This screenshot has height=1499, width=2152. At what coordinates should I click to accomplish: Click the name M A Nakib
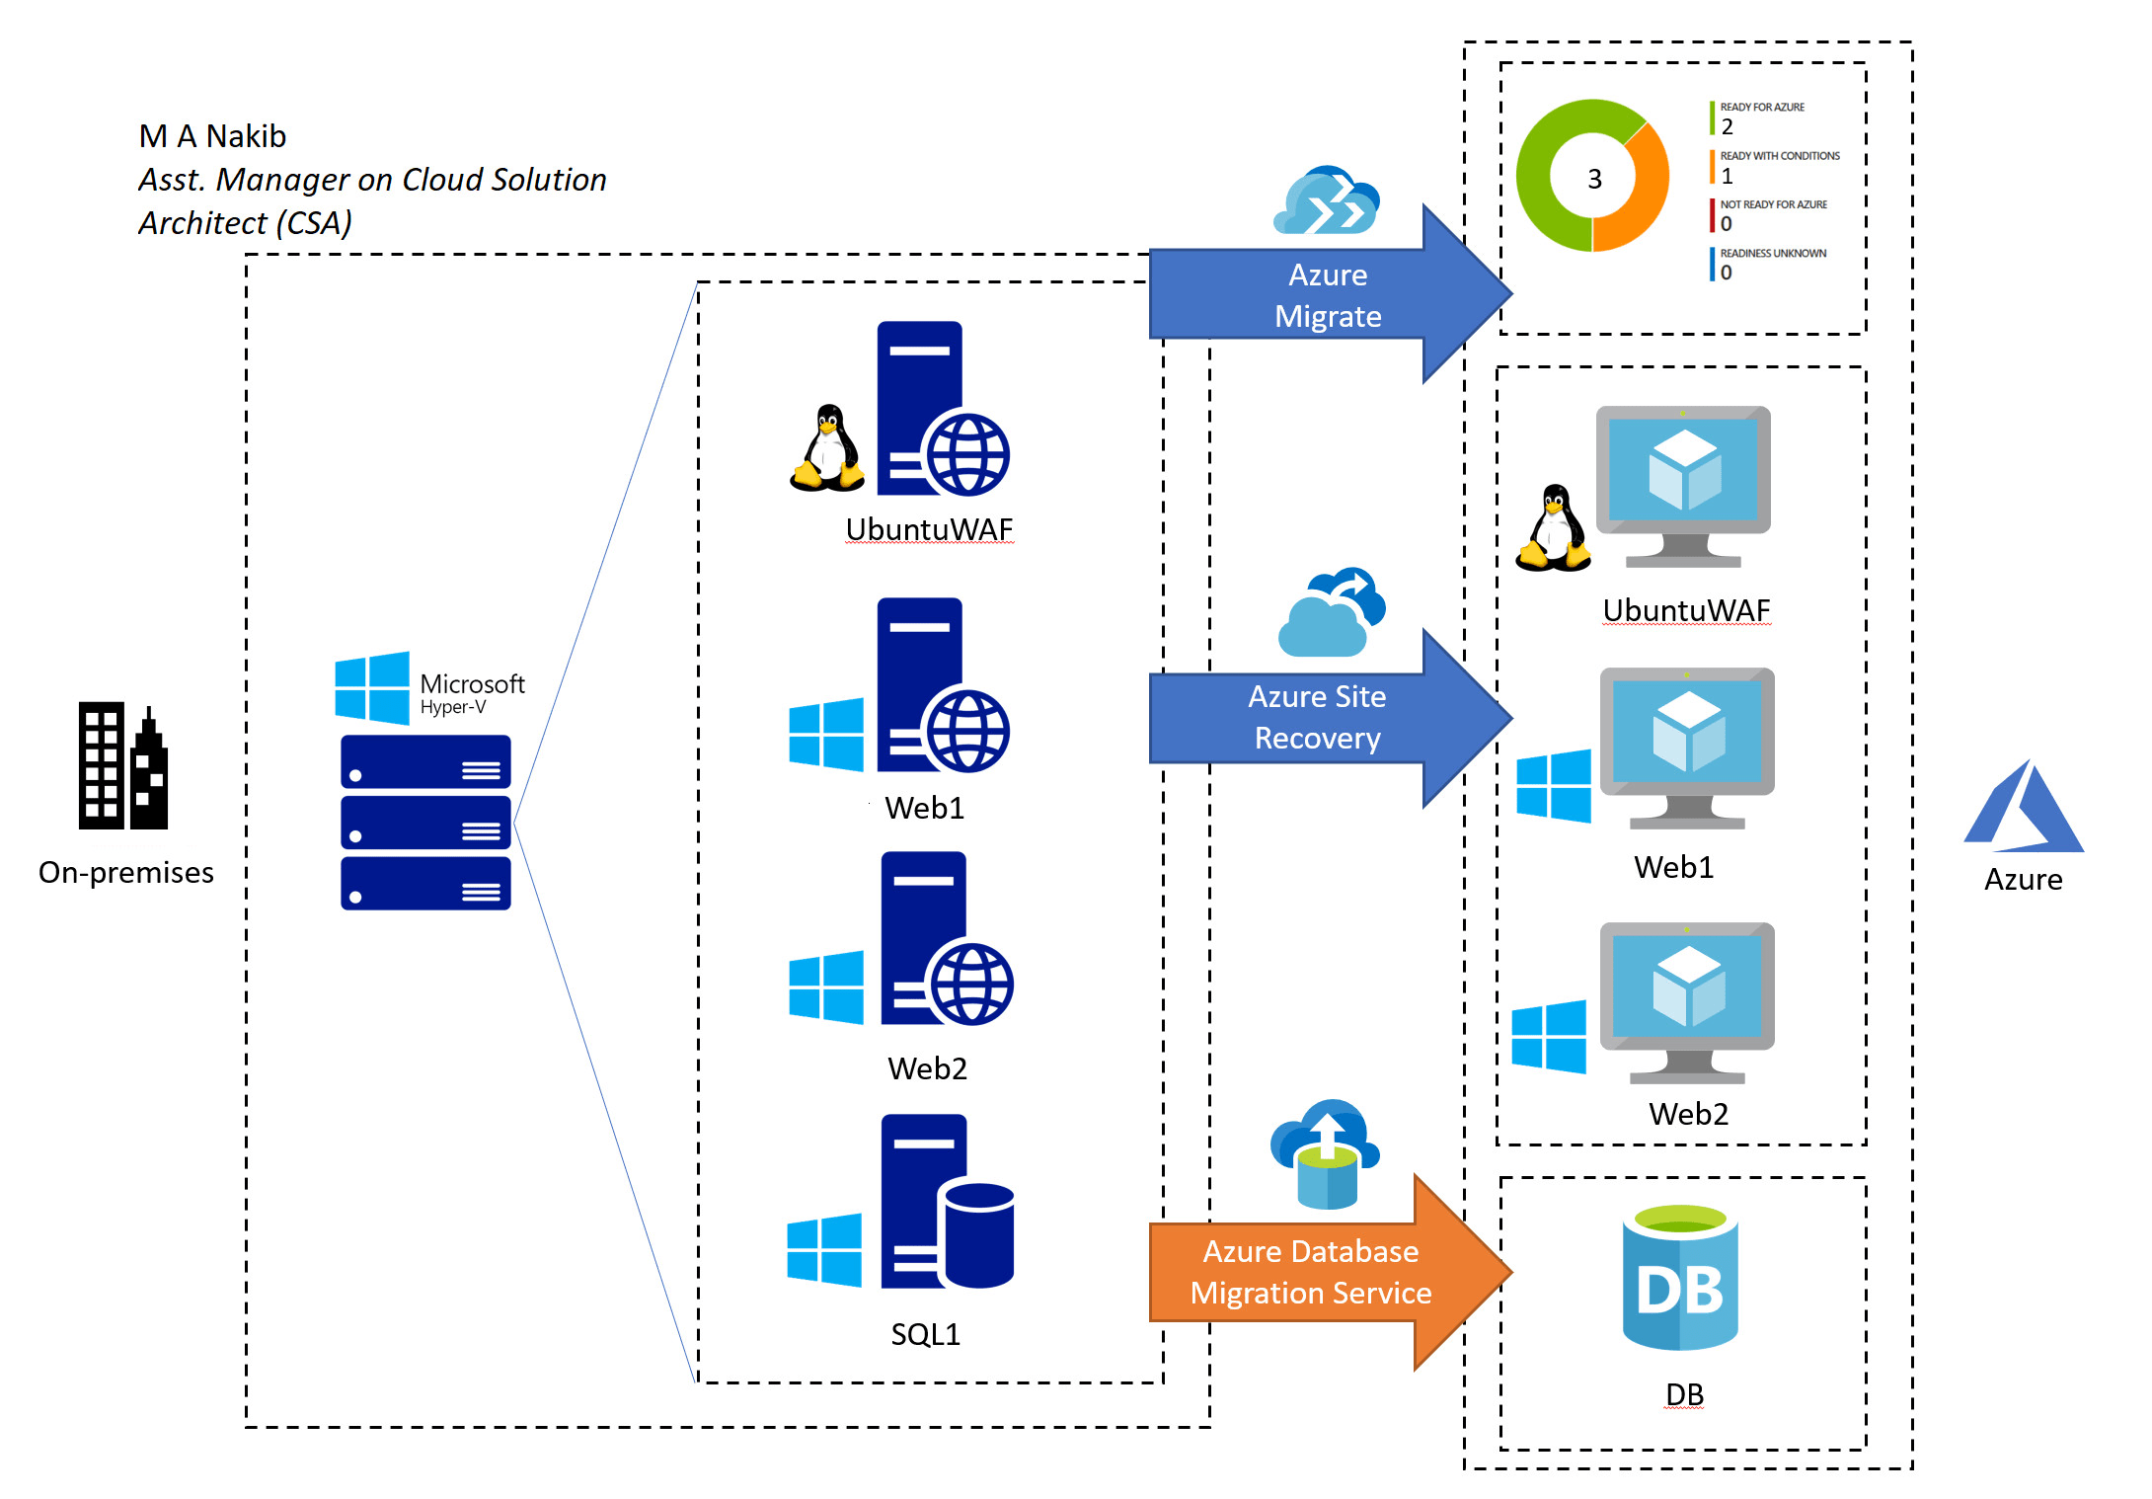click(212, 136)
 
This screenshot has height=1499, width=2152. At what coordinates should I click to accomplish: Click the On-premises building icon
click(123, 765)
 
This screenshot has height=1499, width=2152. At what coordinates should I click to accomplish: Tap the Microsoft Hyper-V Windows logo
click(372, 687)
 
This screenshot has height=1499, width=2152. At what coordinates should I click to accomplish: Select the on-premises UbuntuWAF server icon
click(943, 409)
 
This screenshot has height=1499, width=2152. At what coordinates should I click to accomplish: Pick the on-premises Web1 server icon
click(943, 685)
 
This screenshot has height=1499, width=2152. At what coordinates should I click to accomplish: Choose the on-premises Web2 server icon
click(947, 938)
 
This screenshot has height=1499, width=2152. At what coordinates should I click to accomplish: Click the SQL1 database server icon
click(947, 1202)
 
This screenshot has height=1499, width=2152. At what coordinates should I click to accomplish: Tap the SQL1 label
click(925, 1334)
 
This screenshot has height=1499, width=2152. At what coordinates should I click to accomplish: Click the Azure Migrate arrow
click(1330, 294)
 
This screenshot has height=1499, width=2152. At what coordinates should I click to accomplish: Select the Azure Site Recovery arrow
click(1330, 718)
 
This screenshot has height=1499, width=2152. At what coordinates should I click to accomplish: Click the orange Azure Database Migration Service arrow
click(1330, 1272)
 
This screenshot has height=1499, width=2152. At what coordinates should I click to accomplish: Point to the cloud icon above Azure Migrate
click(1327, 200)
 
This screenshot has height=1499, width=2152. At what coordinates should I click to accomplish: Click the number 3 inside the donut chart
click(1594, 179)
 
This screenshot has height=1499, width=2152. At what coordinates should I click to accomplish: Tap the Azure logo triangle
click(2024, 806)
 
